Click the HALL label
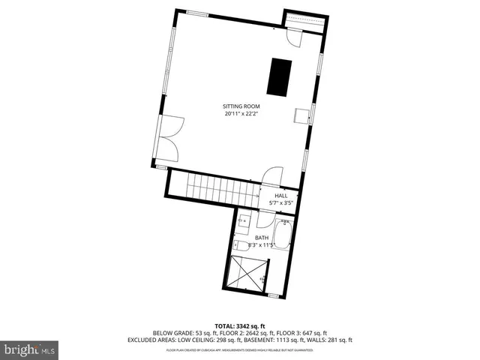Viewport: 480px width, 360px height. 280,195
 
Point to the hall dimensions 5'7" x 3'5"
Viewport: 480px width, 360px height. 280,202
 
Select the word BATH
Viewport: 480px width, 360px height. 261,238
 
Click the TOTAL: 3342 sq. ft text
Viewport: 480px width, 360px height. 240,325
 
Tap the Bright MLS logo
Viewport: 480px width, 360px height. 31,349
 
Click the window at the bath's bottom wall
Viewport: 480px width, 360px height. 272,295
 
